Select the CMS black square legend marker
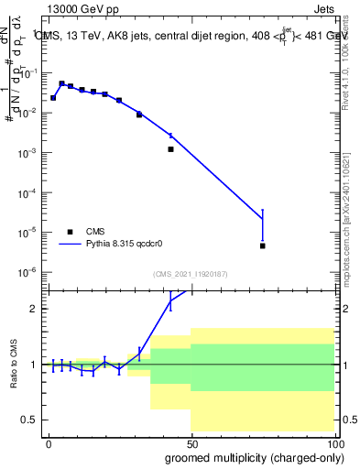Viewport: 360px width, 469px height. click(70, 232)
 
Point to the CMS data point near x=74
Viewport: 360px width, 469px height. click(262, 245)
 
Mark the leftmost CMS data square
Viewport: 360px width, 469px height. click(53, 97)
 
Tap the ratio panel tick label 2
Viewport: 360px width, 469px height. click(36, 309)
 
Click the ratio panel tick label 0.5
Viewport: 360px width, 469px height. click(32, 420)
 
